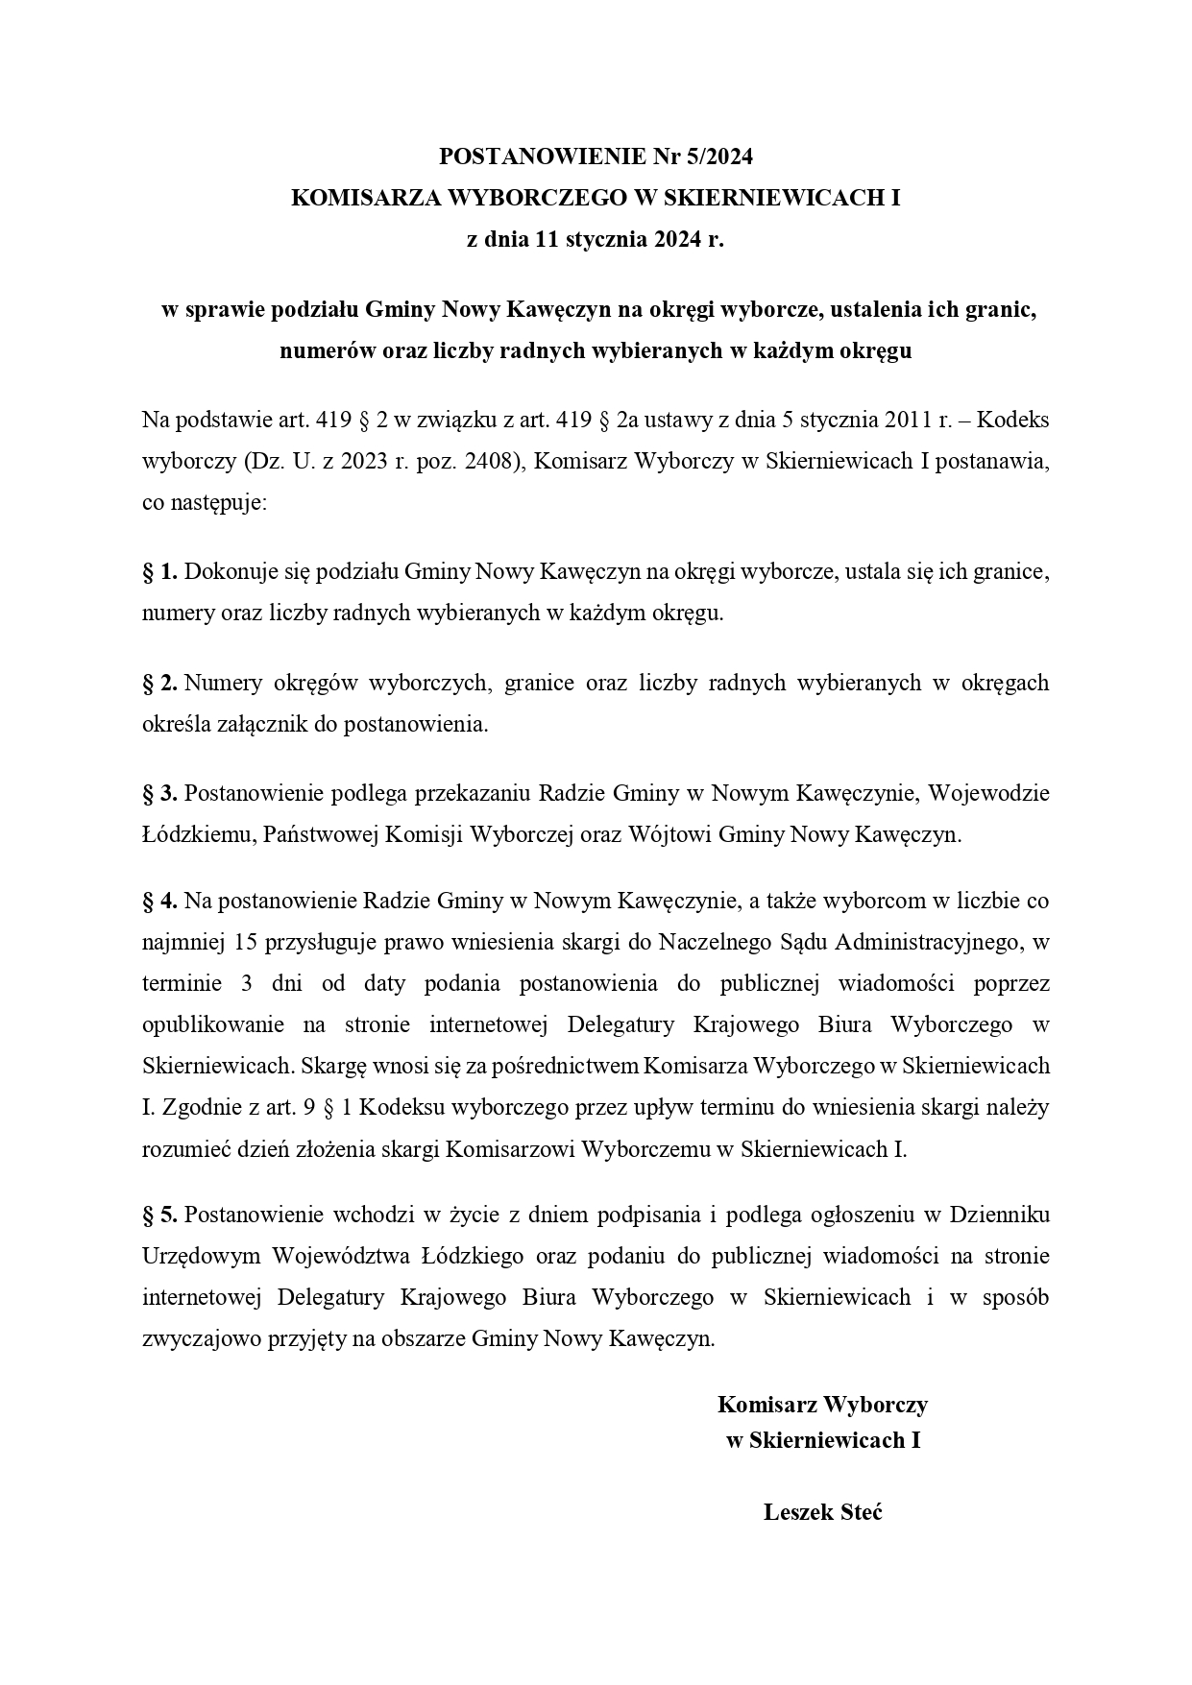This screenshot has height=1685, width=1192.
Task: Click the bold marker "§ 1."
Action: [x=160, y=573]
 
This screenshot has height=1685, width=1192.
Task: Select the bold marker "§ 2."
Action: [x=160, y=684]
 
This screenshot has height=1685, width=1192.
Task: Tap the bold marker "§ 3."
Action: [x=160, y=794]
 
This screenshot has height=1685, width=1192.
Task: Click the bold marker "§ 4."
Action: [x=160, y=902]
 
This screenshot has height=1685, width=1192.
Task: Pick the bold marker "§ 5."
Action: [x=160, y=1216]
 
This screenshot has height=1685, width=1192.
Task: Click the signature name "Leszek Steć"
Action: [x=822, y=1513]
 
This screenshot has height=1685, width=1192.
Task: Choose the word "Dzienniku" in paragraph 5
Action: [x=999, y=1216]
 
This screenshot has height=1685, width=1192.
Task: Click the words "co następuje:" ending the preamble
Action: [x=205, y=503]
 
